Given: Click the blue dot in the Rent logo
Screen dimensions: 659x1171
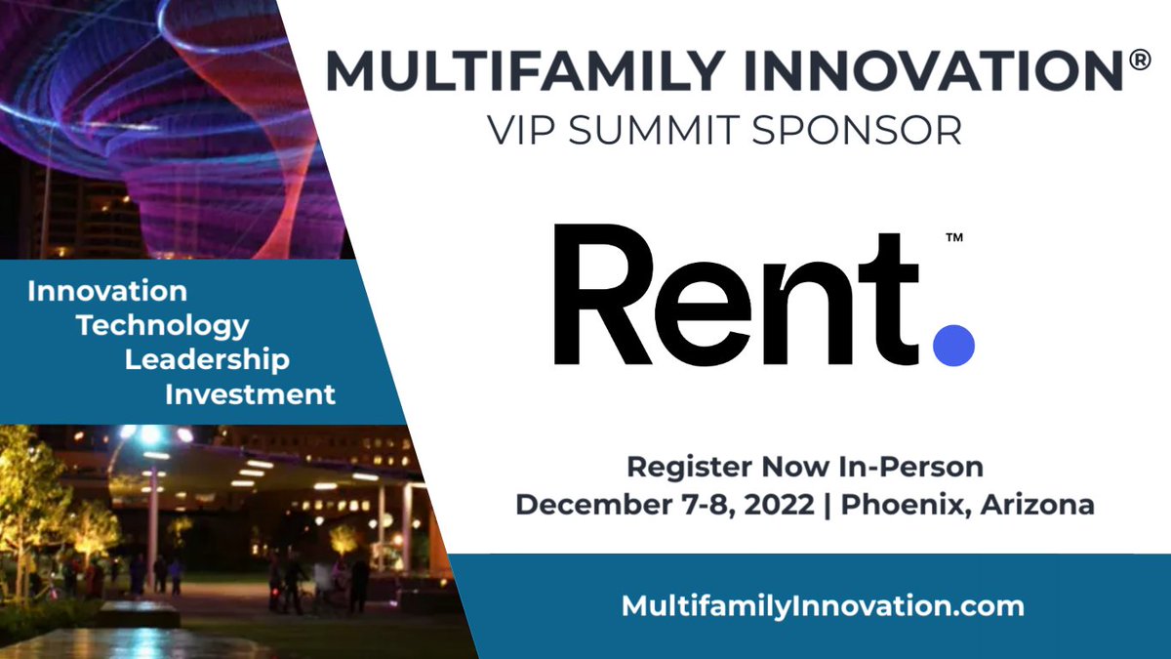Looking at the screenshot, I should point(953,345).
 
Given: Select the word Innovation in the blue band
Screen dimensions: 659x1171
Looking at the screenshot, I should point(107,291).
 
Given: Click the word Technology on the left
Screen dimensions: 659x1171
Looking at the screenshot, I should point(163,325).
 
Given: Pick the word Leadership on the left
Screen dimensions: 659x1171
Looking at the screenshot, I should point(207,359).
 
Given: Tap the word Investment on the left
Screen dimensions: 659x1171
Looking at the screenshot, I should point(250,394).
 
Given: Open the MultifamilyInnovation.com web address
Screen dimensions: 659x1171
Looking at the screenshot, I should point(823,605).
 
